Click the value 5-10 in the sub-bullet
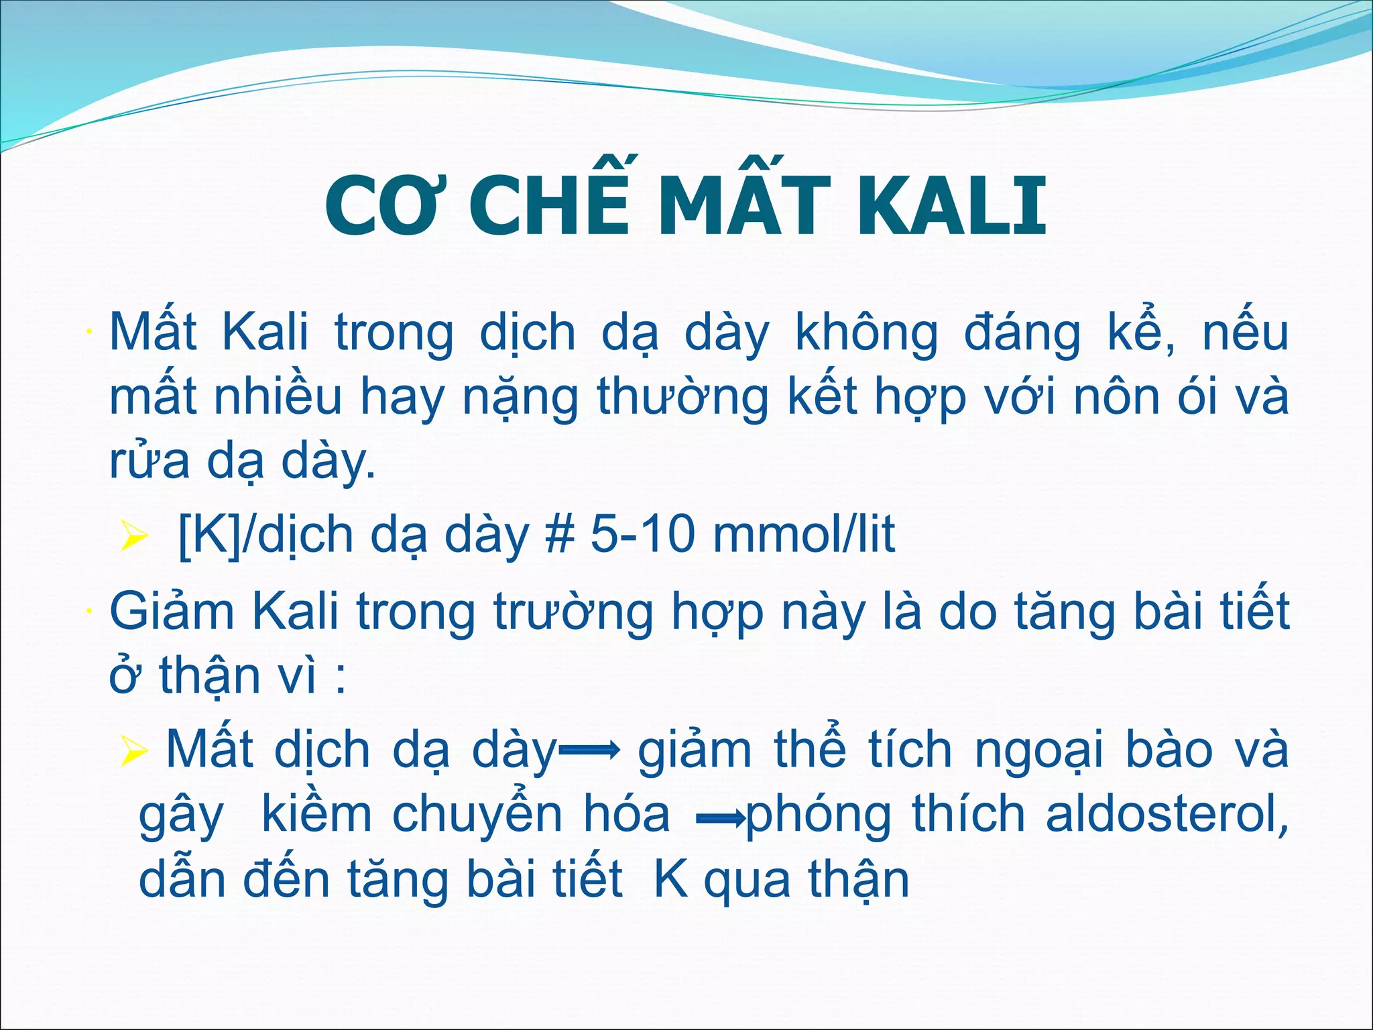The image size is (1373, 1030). [643, 535]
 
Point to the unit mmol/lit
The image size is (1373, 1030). [804, 535]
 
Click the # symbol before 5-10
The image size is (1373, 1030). [562, 535]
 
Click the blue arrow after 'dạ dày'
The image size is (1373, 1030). [589, 752]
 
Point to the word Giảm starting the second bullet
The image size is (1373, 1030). [172, 612]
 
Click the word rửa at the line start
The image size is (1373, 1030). [149, 461]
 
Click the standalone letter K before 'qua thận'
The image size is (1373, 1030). [671, 880]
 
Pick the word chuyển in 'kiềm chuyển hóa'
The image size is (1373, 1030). [477, 815]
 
